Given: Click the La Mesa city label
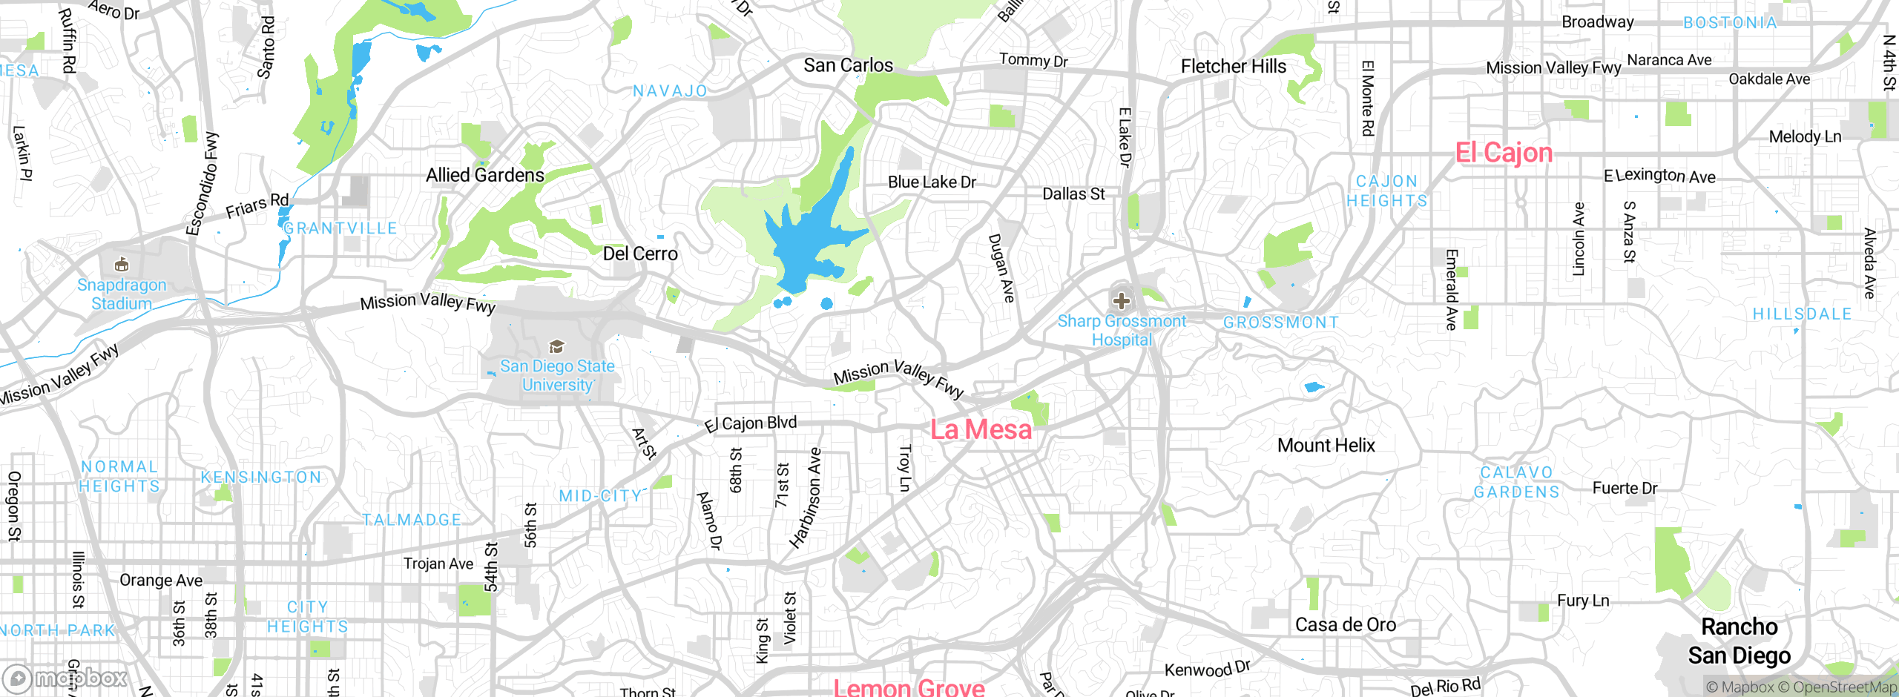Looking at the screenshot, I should point(981,429).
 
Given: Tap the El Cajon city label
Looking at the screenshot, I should point(1504,153).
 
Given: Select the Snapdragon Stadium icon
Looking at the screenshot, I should point(122,265).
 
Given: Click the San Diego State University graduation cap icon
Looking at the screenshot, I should point(556,347).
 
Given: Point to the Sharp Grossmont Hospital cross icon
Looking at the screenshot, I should point(1121,301).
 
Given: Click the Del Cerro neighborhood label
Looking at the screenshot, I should point(640,254).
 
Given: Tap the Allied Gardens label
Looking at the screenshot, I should point(485,175).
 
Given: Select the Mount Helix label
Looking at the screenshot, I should point(1326,445).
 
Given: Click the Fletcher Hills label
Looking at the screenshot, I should point(1234,66).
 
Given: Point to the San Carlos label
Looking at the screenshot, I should point(849,65).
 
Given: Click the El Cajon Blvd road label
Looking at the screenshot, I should point(751,423).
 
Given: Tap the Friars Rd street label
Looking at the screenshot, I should point(257,205).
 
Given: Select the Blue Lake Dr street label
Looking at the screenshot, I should point(932,182).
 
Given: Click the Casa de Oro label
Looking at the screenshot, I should point(1346,625).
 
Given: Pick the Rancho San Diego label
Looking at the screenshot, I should point(1740,641).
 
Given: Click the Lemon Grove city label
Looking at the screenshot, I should point(909,687).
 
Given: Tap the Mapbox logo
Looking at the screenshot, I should point(65,678).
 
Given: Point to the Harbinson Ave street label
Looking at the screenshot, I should point(806,498).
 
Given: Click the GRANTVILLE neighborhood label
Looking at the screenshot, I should point(340,228).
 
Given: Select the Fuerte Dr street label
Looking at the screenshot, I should point(1625,488).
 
